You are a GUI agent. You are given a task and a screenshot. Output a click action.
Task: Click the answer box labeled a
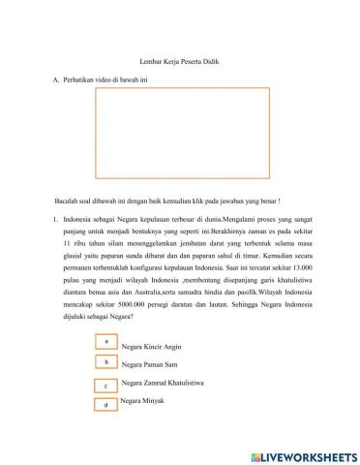[x=106, y=342]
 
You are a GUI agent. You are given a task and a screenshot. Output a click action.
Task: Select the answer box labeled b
[x=106, y=362]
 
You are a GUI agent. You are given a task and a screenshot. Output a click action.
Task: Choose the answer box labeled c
[x=106, y=385]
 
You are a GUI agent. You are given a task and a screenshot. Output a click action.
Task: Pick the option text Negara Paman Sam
[x=150, y=365]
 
